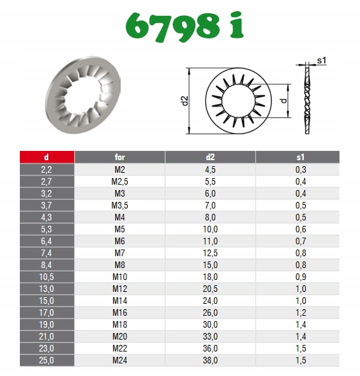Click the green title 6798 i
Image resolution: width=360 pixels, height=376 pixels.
click(185, 26)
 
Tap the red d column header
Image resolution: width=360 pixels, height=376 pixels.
click(47, 157)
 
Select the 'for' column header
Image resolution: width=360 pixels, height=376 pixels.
click(120, 157)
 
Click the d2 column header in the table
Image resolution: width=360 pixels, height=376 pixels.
click(210, 157)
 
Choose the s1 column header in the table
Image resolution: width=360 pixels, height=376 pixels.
click(300, 157)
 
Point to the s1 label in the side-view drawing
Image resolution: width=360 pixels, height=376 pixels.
click(322, 60)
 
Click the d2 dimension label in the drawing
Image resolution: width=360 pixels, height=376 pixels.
click(185, 101)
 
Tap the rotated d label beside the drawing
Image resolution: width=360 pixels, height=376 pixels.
click(284, 101)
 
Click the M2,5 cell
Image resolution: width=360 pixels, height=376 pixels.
click(120, 181)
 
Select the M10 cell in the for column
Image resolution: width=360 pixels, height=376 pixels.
click(120, 277)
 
